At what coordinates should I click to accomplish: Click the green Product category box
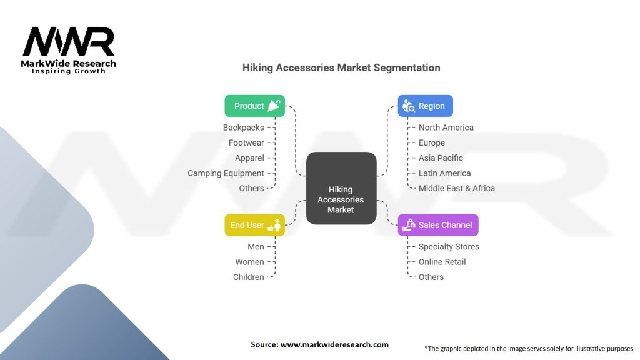pyautogui.click(x=255, y=106)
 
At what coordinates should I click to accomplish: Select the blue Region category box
pyautogui.click(x=425, y=106)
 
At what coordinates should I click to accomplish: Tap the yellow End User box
pyautogui.click(x=255, y=225)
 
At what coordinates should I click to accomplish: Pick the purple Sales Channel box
pyautogui.click(x=438, y=225)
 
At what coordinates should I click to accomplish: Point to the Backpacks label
pyautogui.click(x=244, y=127)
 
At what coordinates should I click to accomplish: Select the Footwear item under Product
pyautogui.click(x=246, y=142)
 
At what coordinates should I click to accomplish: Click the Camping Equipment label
pyautogui.click(x=226, y=173)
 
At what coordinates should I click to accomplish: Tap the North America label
pyautogui.click(x=446, y=127)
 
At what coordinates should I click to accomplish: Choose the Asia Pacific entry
pyautogui.click(x=441, y=158)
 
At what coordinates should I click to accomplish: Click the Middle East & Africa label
pyautogui.click(x=457, y=188)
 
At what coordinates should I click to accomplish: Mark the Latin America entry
pyautogui.click(x=445, y=173)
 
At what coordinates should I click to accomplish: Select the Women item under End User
pyautogui.click(x=249, y=262)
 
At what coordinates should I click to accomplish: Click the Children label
pyautogui.click(x=249, y=277)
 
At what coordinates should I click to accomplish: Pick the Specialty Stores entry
pyautogui.click(x=449, y=247)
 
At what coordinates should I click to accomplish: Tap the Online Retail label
pyautogui.click(x=442, y=262)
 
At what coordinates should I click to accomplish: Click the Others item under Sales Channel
pyautogui.click(x=431, y=277)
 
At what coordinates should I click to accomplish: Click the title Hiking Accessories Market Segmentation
pyautogui.click(x=341, y=67)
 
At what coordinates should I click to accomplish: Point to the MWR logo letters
pyautogui.click(x=69, y=42)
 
